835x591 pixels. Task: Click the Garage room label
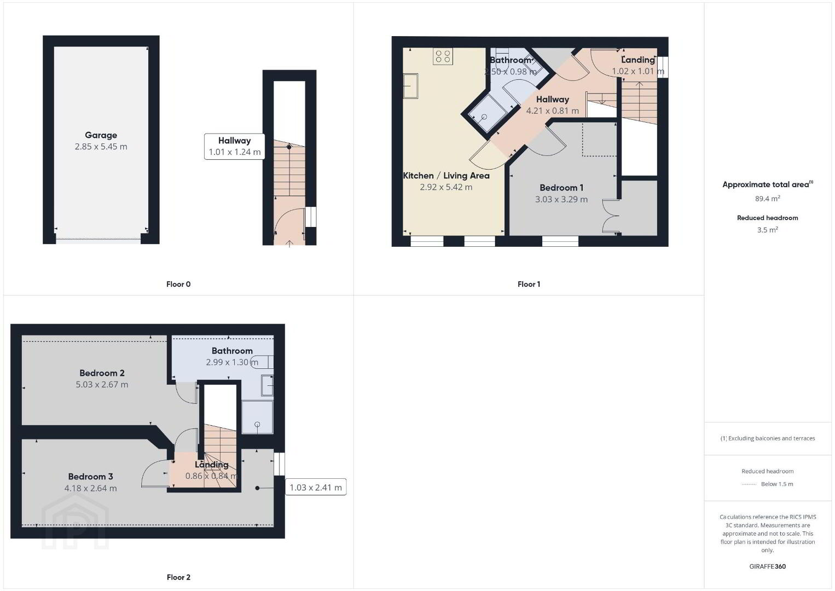(x=101, y=135)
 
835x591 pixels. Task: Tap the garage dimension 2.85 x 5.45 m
(x=101, y=147)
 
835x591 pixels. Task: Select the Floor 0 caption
(x=178, y=284)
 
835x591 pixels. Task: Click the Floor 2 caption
(x=178, y=577)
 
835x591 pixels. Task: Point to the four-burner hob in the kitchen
(x=443, y=56)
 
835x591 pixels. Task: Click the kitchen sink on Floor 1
(x=410, y=86)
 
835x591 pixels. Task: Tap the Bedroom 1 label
(x=561, y=188)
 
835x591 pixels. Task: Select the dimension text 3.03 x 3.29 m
(x=561, y=200)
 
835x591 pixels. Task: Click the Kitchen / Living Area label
(x=446, y=176)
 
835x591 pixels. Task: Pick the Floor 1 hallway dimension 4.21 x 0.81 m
(x=553, y=111)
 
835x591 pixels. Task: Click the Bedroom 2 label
(x=102, y=373)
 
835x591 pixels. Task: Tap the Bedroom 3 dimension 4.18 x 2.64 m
(x=91, y=488)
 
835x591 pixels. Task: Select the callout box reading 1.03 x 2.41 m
(x=316, y=488)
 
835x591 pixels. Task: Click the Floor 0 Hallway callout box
(x=235, y=147)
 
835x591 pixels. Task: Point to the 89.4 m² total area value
(x=768, y=198)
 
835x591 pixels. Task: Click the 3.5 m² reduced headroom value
(x=768, y=230)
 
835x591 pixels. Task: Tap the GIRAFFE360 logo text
(x=768, y=566)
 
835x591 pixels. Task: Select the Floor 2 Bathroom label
(x=232, y=351)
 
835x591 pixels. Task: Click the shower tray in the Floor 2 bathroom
(x=257, y=417)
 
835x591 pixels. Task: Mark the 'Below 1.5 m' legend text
(x=777, y=484)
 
